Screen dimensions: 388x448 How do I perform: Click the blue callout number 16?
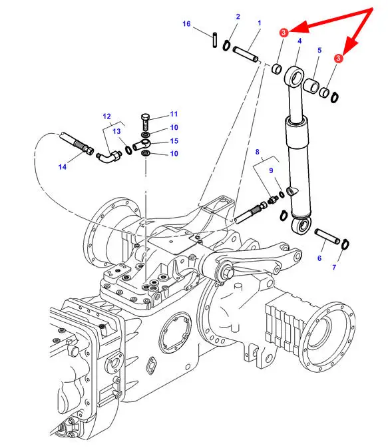click(x=186, y=24)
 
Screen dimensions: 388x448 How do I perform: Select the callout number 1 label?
click(x=259, y=23)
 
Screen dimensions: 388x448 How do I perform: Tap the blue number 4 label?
click(x=299, y=41)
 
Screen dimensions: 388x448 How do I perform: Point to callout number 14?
click(x=63, y=166)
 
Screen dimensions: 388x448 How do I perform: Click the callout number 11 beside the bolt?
click(x=174, y=114)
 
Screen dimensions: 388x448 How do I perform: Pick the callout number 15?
click(x=174, y=141)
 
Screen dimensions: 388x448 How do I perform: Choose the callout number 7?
click(x=334, y=268)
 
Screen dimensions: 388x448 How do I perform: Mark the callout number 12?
click(x=106, y=116)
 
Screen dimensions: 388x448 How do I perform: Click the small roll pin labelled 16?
click(x=214, y=41)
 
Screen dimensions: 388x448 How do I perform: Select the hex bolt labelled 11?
click(x=146, y=122)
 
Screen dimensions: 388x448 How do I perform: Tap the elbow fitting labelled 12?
click(x=109, y=156)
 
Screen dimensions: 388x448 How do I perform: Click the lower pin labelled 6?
click(x=327, y=236)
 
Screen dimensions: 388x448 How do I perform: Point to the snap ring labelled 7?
click(x=345, y=244)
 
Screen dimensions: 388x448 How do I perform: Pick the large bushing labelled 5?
click(x=311, y=86)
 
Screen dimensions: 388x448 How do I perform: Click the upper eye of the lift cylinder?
click(x=294, y=77)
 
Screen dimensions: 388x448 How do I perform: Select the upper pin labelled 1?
click(x=246, y=54)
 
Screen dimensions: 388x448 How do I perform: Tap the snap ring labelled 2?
click(x=226, y=45)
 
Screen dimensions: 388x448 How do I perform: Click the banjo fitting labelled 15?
click(x=141, y=144)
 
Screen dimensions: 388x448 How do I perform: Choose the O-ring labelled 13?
click(x=128, y=150)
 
